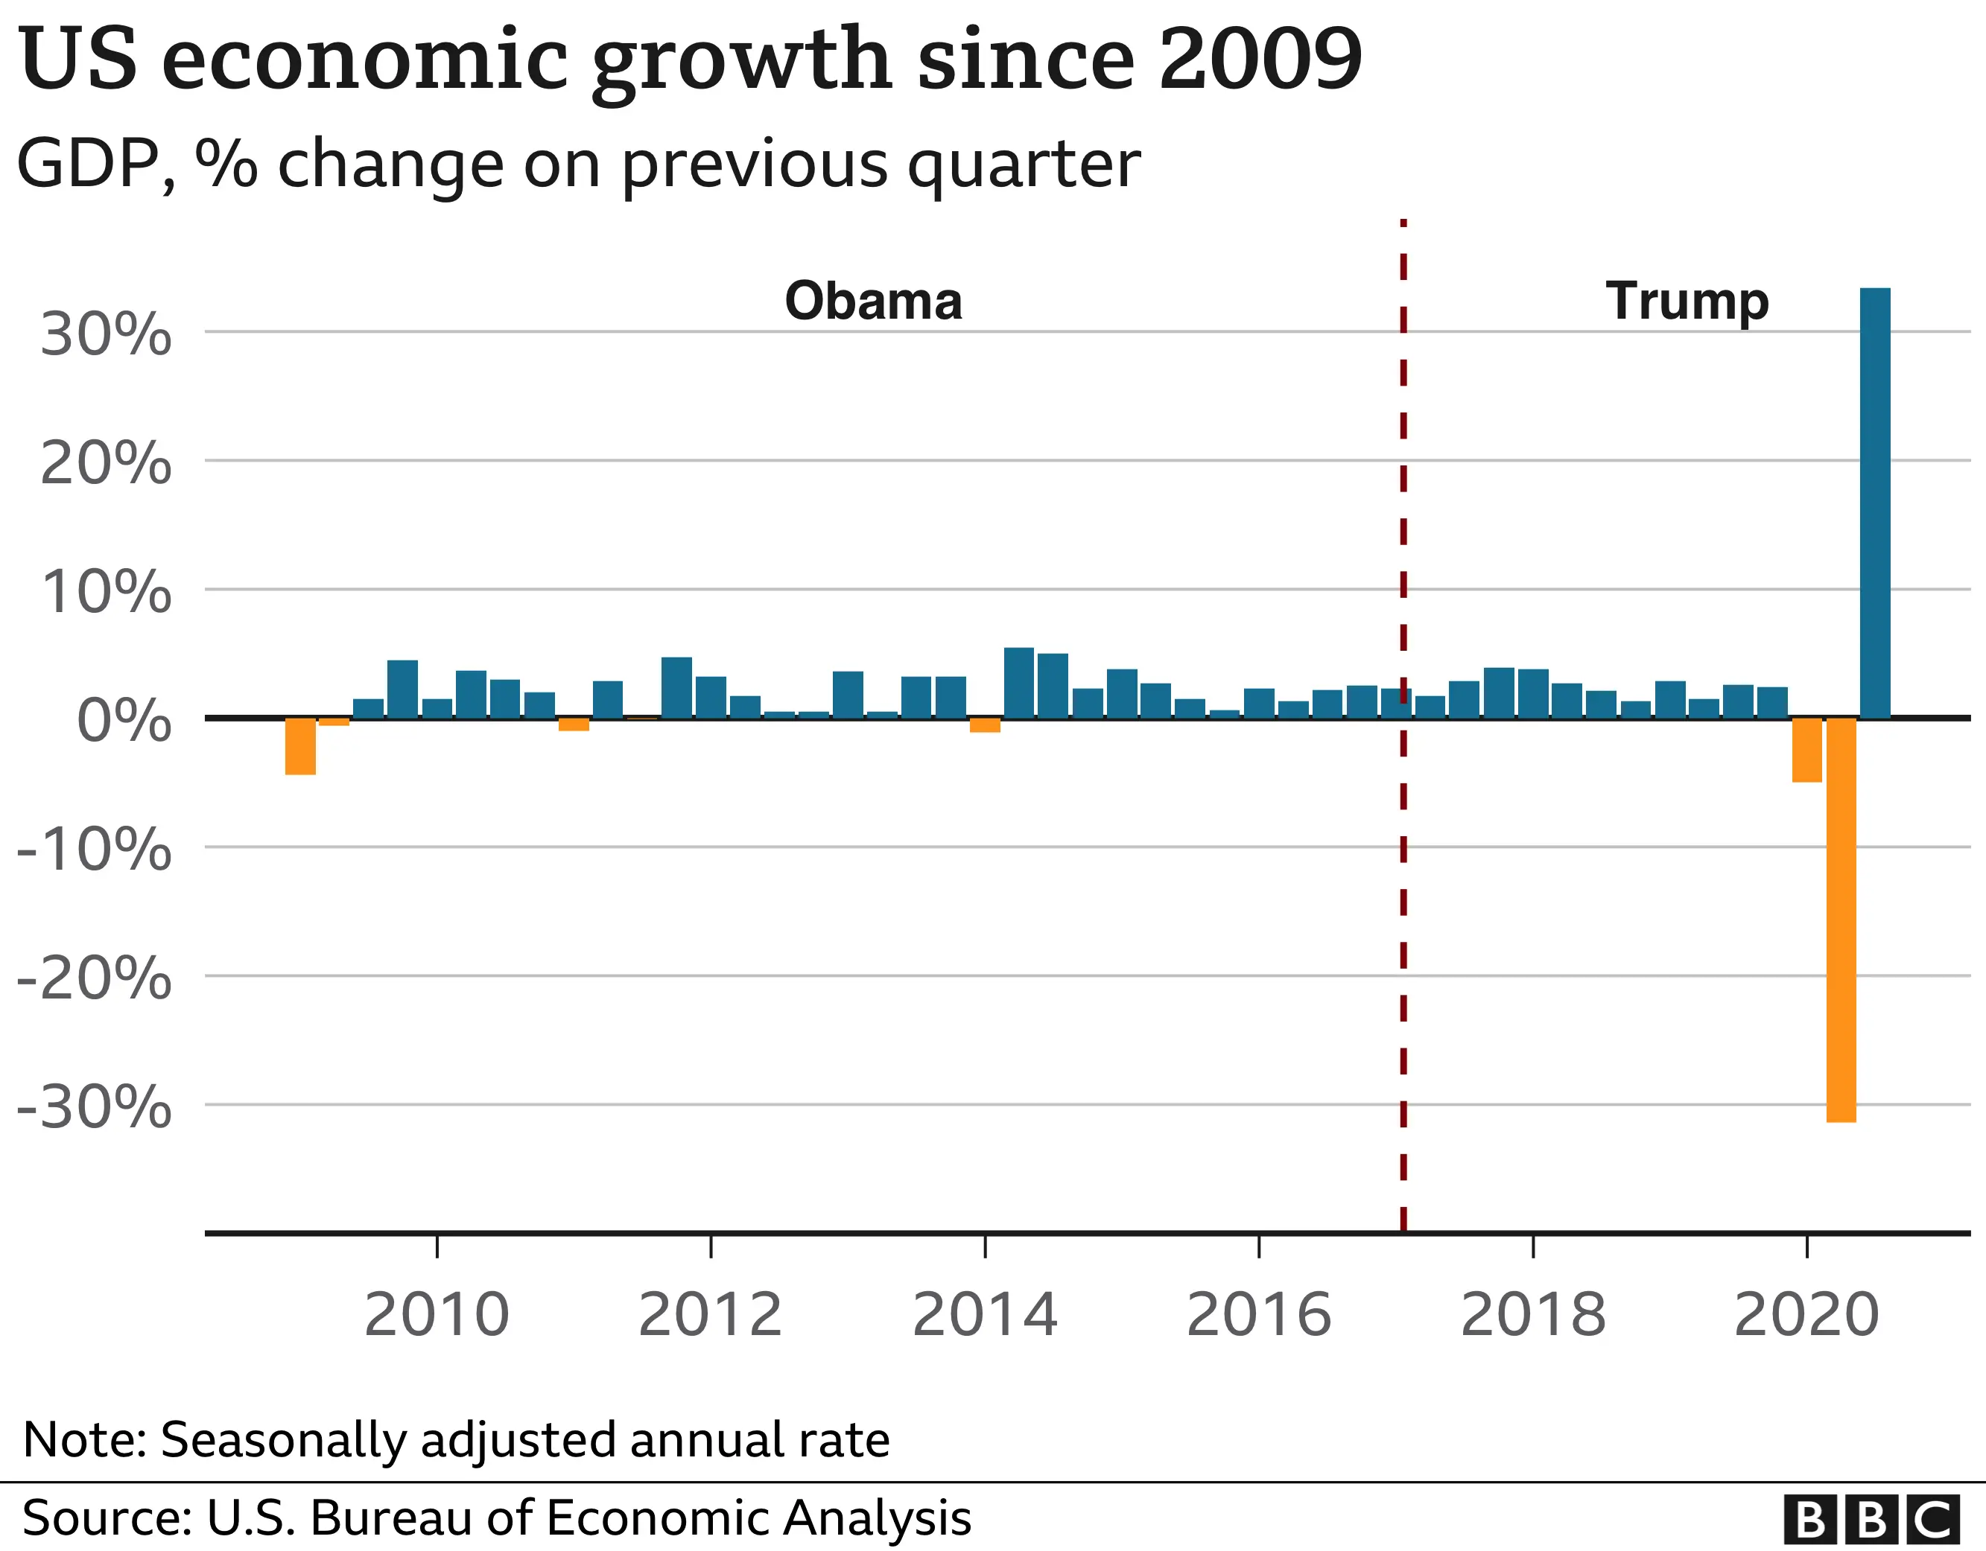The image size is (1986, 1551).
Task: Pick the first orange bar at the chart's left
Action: pyautogui.click(x=300, y=746)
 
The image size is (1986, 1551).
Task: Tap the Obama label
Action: pyautogui.click(x=873, y=301)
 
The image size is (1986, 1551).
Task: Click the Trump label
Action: pyautogui.click(x=1687, y=301)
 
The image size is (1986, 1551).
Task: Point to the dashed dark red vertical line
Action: pyautogui.click(x=1403, y=909)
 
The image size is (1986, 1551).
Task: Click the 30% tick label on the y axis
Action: pyautogui.click(x=107, y=334)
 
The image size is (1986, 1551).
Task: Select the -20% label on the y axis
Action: pyautogui.click(x=95, y=979)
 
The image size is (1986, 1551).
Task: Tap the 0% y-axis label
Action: pyautogui.click(x=124, y=721)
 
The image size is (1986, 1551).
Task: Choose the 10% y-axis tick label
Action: pyautogui.click(x=107, y=592)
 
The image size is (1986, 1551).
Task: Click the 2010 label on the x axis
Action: pyautogui.click(x=437, y=1315)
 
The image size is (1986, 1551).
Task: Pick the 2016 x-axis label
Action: pyautogui.click(x=1258, y=1315)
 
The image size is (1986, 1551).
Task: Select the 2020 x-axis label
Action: pyautogui.click(x=1806, y=1315)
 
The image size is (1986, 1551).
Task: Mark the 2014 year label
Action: pyautogui.click(x=985, y=1315)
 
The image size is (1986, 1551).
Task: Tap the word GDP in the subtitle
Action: pyautogui.click(x=88, y=165)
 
